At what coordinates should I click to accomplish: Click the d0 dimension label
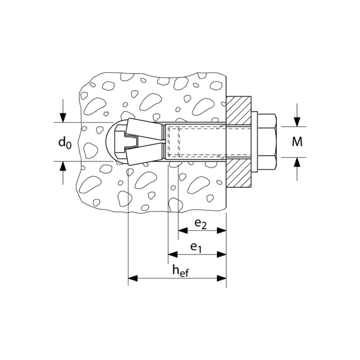coord(65,143)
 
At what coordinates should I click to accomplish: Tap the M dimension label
coord(297,142)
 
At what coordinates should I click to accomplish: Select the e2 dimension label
coord(201,224)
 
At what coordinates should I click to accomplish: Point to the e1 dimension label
coord(196,248)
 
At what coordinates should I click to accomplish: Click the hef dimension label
coord(181,271)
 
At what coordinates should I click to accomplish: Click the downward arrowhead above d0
coord(63,118)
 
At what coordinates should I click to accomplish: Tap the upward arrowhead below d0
coord(63,166)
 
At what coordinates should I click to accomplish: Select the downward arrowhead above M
coord(297,122)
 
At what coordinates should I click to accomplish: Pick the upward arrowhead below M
coord(297,162)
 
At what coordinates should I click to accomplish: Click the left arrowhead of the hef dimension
coord(133,279)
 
